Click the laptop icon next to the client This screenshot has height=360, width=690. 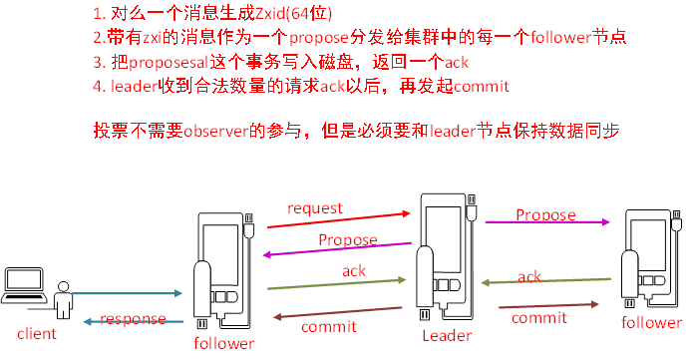pyautogui.click(x=24, y=287)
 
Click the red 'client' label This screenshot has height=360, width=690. pyautogui.click(x=37, y=332)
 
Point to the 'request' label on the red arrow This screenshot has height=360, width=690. pyautogui.click(x=315, y=207)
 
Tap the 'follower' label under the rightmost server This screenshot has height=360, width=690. pyautogui.click(x=652, y=323)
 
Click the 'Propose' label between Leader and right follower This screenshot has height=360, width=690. pyautogui.click(x=545, y=214)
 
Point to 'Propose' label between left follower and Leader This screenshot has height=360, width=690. pyautogui.click(x=348, y=240)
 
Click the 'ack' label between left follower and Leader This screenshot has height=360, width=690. pyautogui.click(x=354, y=270)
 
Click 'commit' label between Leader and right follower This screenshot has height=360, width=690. pyautogui.click(x=539, y=317)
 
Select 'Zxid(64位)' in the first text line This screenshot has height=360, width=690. pyautogui.click(x=285, y=14)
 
